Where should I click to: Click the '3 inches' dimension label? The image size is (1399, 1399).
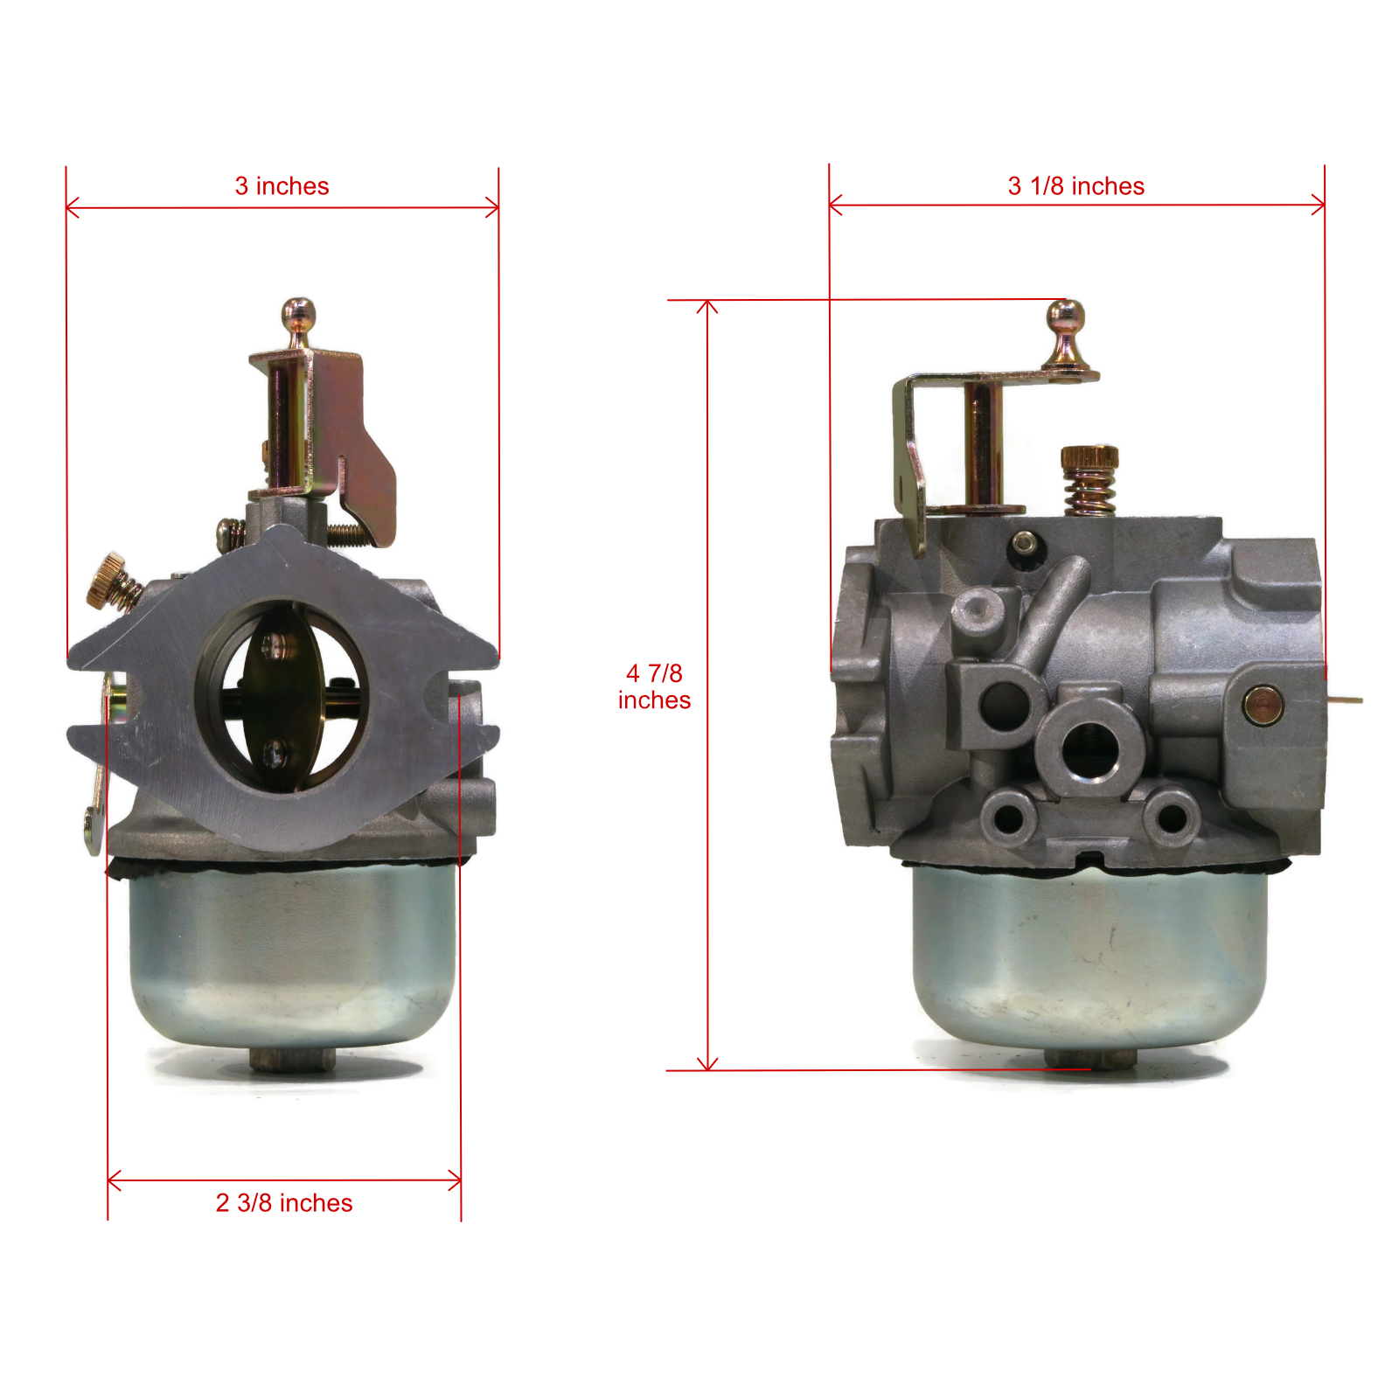click(x=282, y=186)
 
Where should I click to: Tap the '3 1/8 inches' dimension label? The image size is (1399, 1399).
click(x=1075, y=186)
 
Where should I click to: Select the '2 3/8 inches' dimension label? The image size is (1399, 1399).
click(x=284, y=1203)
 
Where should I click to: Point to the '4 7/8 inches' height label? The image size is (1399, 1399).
click(x=654, y=686)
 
